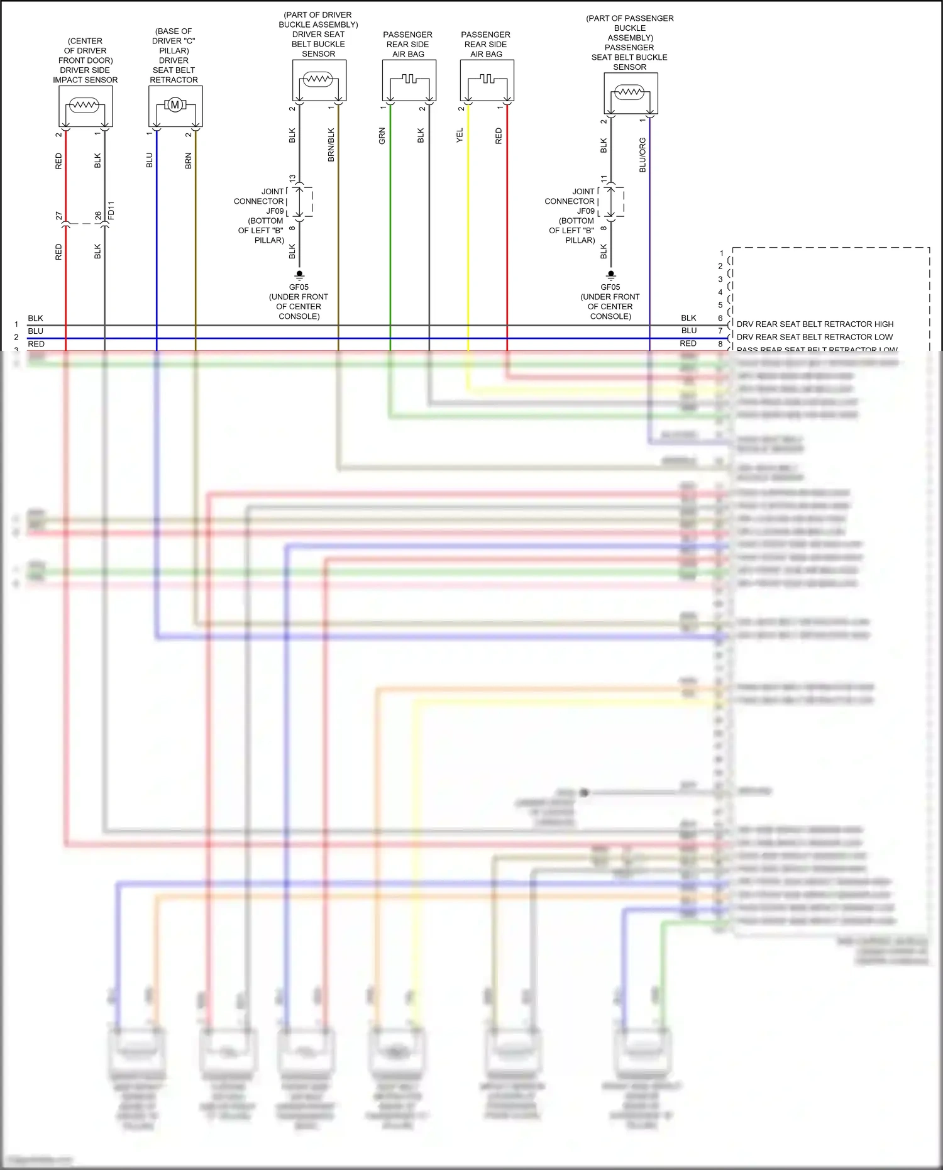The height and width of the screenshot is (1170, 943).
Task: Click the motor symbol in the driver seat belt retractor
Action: tap(175, 105)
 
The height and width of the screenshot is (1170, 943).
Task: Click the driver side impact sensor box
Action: tap(85, 106)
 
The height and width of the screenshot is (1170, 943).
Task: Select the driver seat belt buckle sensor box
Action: tap(319, 80)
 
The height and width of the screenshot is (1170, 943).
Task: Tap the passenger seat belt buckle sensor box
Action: tap(631, 93)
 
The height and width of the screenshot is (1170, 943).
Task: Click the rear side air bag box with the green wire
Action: tap(409, 80)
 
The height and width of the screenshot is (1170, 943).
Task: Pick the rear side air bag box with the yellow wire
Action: tap(487, 80)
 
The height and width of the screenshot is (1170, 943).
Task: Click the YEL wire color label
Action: tap(460, 135)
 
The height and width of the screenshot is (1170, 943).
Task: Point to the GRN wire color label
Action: tap(382, 136)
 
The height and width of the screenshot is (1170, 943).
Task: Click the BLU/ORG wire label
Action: tap(642, 155)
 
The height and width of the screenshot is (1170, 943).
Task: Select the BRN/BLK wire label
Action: tap(331, 145)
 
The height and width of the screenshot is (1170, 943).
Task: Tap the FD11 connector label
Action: tap(111, 211)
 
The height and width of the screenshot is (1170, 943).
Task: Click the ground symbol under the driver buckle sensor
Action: tap(299, 275)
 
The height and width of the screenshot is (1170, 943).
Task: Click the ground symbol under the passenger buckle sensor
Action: tap(610, 275)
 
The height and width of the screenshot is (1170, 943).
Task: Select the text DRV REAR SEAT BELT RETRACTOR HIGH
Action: tap(815, 324)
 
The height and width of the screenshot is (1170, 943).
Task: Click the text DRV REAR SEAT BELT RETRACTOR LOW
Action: tap(814, 337)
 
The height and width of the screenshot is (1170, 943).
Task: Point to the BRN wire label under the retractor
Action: tap(188, 161)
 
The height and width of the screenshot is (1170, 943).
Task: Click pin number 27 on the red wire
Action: tap(59, 216)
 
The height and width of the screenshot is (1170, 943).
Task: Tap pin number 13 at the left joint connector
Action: tap(292, 179)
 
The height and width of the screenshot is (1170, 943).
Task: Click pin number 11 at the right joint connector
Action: tap(604, 179)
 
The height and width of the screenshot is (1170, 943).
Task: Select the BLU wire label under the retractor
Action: tap(149, 160)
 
